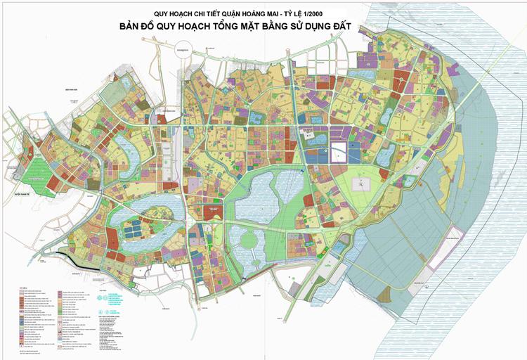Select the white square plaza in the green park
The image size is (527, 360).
click(x=363, y=184)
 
